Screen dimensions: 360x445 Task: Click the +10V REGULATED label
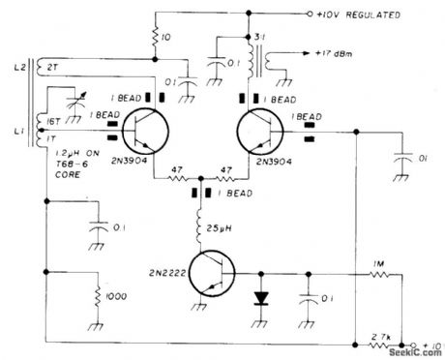click(x=360, y=15)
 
